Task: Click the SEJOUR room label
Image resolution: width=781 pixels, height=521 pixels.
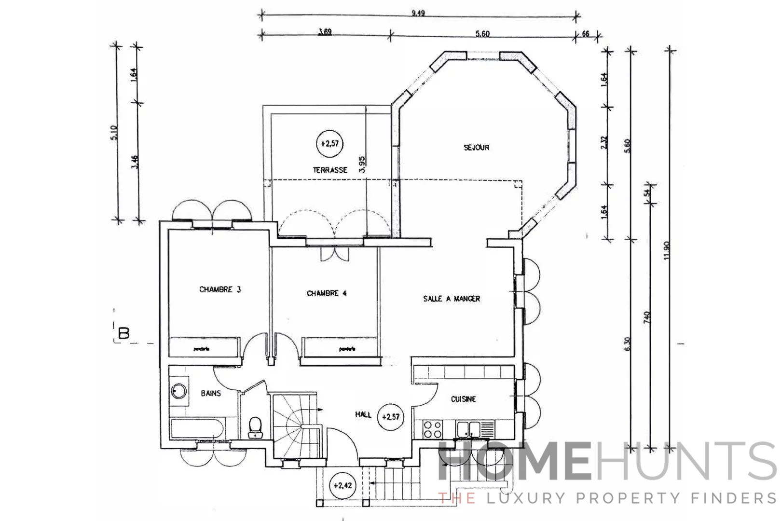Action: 477,148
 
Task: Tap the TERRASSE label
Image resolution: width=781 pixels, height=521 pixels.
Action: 330,170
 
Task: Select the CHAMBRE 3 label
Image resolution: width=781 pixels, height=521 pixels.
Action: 220,289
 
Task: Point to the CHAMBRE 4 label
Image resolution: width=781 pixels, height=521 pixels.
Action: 327,293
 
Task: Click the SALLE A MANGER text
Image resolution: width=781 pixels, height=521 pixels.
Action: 452,299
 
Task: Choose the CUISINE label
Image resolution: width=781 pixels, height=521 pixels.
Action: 463,399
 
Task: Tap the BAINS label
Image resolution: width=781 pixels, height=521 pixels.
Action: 211,393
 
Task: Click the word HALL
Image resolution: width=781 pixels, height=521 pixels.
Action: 363,414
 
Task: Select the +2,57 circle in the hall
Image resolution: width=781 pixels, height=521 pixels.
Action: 391,416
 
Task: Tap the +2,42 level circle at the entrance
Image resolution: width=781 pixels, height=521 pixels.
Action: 343,486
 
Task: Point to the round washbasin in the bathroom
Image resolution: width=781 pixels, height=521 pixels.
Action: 178,391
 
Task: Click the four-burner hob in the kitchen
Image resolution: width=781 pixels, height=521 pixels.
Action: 433,429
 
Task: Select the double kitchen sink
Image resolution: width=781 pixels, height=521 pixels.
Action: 469,428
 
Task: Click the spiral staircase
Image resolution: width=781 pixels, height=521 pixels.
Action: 294,425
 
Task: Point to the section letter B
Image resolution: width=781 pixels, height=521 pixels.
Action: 124,333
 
